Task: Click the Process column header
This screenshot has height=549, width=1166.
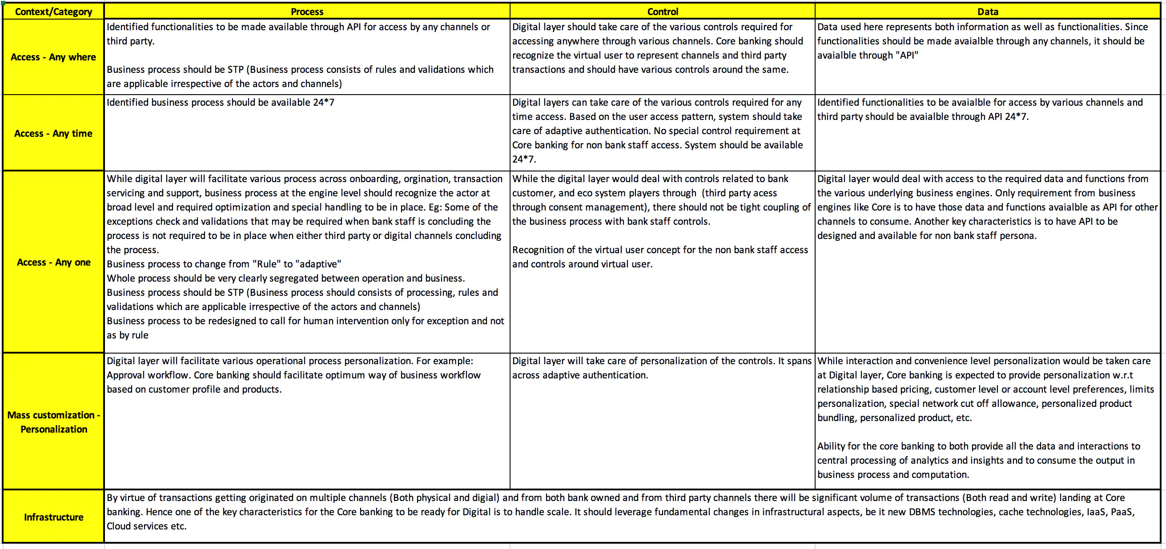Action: [x=307, y=12]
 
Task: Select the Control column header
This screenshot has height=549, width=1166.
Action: [x=662, y=12]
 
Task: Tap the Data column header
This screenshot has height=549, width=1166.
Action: [x=988, y=12]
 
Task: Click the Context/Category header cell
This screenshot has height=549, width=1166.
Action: [x=53, y=12]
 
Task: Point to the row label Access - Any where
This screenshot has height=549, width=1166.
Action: [x=53, y=57]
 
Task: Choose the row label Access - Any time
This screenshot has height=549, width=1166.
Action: [x=53, y=133]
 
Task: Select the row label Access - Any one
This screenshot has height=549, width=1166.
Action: [x=53, y=263]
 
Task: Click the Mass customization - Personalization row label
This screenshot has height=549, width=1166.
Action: [x=53, y=422]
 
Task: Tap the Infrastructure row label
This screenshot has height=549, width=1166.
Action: [x=53, y=517]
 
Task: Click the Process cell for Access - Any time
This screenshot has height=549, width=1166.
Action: [x=307, y=133]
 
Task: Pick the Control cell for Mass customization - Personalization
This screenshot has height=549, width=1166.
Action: [x=662, y=421]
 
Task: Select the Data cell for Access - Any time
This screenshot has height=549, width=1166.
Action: [x=988, y=133]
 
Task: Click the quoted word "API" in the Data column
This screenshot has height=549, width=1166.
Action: [x=907, y=55]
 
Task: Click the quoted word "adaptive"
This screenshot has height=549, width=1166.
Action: [x=318, y=264]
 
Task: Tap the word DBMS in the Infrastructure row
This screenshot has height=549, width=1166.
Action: [x=922, y=512]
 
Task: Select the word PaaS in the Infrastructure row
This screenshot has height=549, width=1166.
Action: [x=1122, y=512]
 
